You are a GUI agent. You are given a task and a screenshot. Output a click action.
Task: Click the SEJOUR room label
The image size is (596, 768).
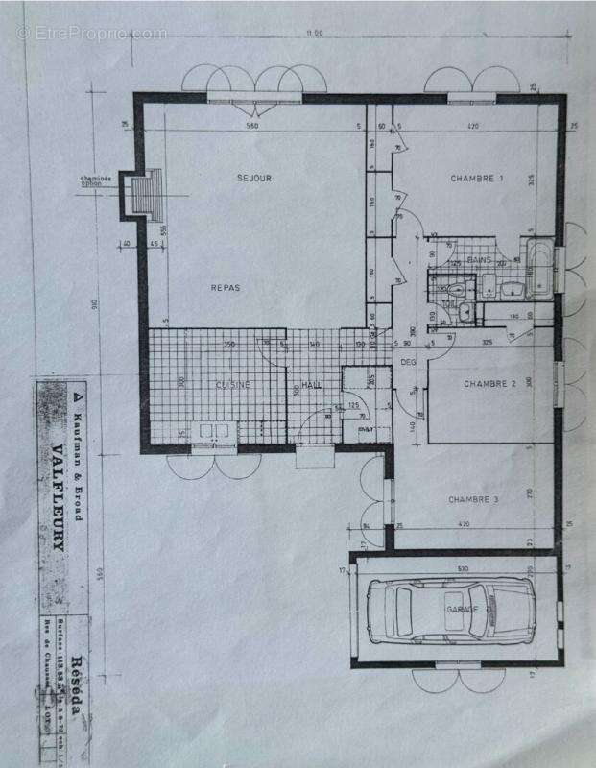tap(255, 178)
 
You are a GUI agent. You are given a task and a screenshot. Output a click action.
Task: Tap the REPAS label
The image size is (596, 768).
tap(226, 287)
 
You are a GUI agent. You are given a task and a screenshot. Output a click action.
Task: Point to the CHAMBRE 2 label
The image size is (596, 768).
tap(490, 383)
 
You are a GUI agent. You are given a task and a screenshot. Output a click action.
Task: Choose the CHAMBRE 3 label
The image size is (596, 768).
tap(473, 499)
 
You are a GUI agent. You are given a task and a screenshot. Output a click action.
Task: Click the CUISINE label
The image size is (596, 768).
tap(233, 385)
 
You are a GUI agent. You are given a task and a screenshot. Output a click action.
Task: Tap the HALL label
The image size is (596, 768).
tap(311, 385)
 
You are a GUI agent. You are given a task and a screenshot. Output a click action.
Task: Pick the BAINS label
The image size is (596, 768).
tap(479, 260)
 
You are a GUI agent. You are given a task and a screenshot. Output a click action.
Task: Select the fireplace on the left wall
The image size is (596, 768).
tap(145, 196)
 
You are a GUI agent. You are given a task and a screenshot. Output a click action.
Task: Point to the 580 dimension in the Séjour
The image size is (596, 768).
tap(251, 127)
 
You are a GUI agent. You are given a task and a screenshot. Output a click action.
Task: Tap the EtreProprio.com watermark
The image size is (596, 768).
tap(91, 34)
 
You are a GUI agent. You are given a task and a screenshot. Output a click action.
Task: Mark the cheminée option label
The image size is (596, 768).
tap(97, 180)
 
